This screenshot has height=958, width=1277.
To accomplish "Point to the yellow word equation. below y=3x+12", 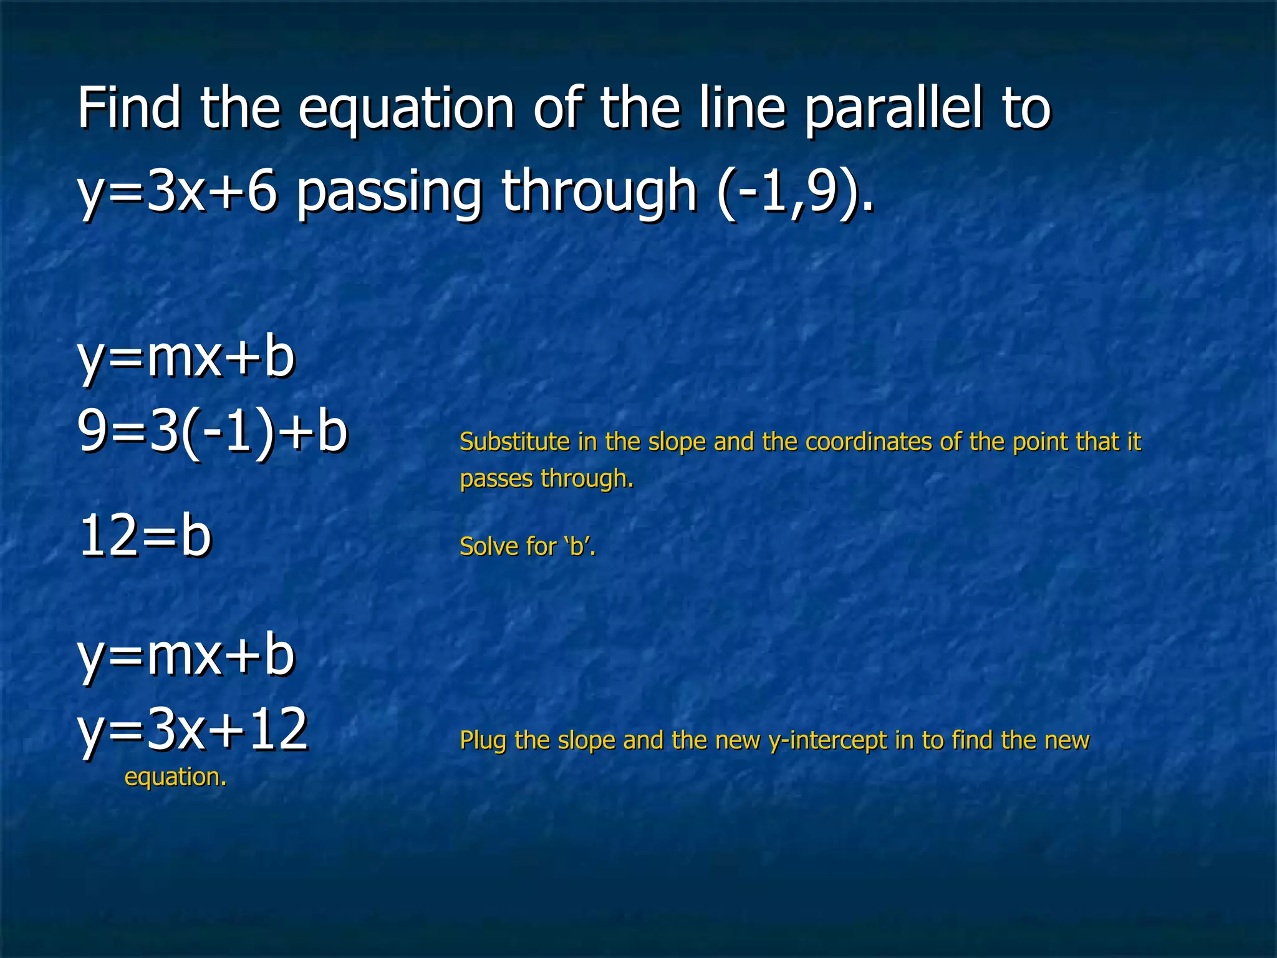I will click(x=175, y=777).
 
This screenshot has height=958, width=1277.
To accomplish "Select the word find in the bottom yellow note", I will click(x=973, y=740).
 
